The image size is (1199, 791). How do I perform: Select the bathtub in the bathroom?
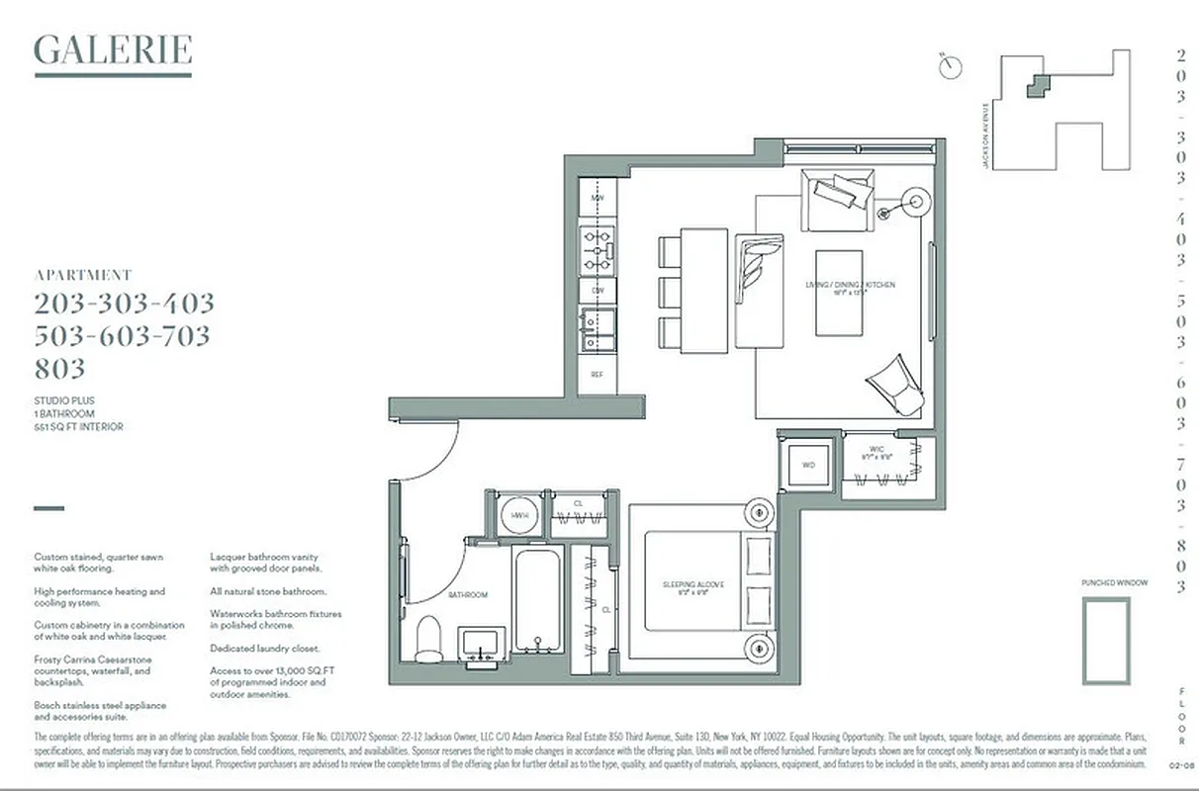tap(537, 599)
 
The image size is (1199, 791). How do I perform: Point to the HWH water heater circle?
tap(517, 515)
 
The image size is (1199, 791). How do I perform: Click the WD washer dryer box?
tap(807, 464)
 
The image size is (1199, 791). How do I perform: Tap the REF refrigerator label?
tap(597, 375)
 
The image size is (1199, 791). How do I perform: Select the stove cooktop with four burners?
tap(597, 250)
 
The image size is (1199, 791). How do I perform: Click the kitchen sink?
tap(597, 328)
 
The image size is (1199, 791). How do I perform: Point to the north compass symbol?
tap(951, 66)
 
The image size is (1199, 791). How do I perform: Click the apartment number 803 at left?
tap(60, 369)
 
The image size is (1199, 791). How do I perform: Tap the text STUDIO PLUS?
tap(64, 400)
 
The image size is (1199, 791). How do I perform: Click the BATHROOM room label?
tap(468, 595)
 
